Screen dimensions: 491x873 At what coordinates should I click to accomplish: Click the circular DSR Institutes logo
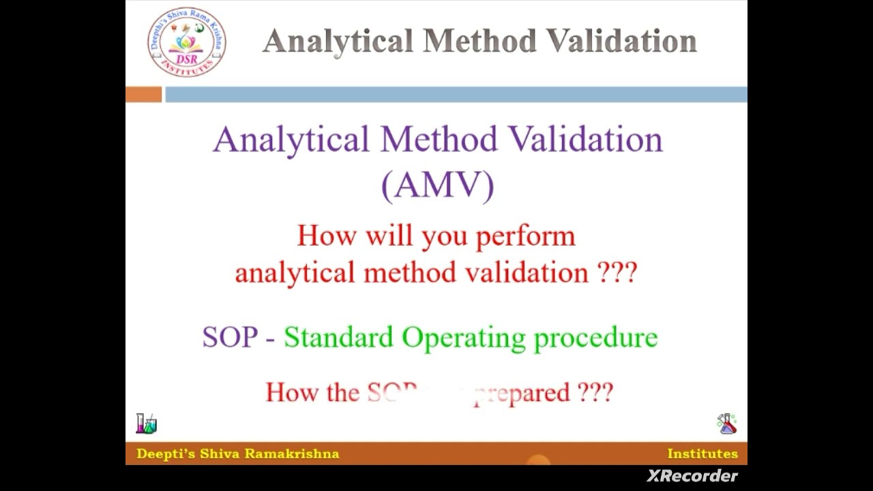(186, 42)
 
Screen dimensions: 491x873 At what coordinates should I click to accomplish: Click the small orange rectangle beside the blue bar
(143, 95)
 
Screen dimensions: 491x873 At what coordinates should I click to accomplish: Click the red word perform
(525, 237)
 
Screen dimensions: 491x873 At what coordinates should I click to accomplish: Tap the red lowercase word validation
(527, 273)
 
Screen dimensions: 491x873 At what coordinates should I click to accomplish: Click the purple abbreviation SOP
(230, 338)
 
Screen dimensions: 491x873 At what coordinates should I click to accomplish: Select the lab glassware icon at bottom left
(146, 423)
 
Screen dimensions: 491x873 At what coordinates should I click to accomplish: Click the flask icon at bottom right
(727, 423)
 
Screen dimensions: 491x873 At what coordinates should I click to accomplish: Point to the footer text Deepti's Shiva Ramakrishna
(237, 454)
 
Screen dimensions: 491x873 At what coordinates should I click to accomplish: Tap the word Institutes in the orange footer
(702, 454)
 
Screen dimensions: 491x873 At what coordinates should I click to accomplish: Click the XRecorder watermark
(692, 476)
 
